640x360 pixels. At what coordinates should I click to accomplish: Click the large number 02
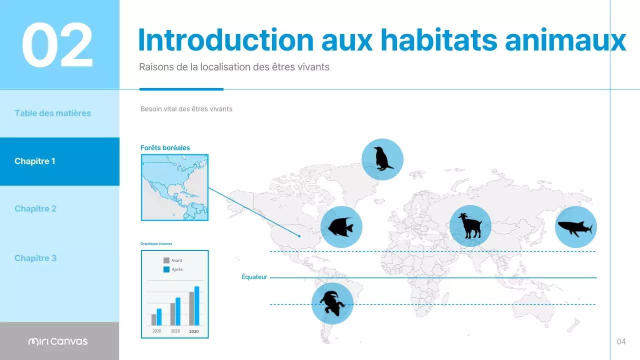coord(57,45)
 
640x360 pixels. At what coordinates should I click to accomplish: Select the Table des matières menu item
coord(52,113)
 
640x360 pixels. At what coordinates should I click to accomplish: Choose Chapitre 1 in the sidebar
coord(35,161)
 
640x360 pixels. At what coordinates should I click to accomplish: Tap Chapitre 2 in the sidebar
coord(35,208)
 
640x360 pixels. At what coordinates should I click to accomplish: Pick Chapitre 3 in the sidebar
coord(35,258)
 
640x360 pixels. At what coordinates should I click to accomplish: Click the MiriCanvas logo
coord(58,341)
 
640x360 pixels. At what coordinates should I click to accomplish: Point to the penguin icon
coord(382,159)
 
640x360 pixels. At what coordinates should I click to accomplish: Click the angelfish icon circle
coord(341,227)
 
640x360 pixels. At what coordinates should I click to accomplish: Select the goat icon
coord(470,226)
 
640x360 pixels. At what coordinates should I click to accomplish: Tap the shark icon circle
coord(575,227)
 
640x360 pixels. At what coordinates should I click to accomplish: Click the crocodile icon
coord(332,303)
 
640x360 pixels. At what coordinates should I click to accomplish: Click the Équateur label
coord(254,277)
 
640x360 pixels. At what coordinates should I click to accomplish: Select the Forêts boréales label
coord(165,147)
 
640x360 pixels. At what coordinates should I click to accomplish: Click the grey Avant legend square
coord(166,260)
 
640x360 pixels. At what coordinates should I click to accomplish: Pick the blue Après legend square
coord(166,269)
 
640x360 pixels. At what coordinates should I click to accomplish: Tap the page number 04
coord(621,341)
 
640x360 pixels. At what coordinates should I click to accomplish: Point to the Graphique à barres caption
coord(156,244)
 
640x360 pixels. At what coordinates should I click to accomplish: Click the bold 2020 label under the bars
coord(193,331)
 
